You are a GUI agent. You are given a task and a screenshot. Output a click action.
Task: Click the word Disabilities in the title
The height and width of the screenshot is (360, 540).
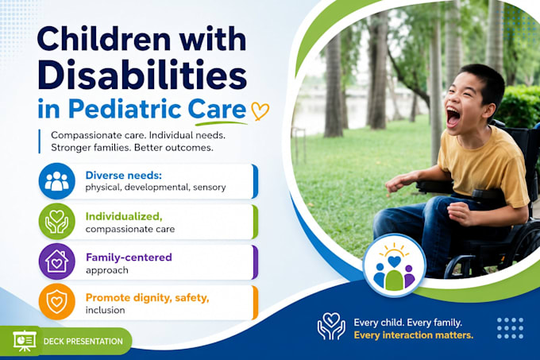142,74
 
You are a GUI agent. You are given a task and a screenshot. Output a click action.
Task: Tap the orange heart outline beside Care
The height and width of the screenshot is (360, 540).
260,110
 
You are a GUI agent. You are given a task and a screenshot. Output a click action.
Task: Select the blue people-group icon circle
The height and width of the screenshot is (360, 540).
57,181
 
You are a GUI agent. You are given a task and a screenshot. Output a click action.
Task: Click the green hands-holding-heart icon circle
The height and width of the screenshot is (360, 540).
57,221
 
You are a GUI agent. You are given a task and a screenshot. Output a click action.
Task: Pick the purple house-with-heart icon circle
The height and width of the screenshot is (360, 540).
57,261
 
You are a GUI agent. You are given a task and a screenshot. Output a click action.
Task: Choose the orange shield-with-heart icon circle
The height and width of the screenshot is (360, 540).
57,302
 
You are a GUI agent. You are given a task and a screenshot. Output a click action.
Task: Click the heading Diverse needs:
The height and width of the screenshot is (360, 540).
124,176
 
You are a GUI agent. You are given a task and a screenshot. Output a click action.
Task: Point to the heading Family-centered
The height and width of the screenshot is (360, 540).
129,257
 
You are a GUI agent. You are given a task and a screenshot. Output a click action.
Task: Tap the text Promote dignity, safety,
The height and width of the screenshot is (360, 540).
148,298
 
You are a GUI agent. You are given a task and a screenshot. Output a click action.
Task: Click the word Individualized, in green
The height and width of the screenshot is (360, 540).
124,217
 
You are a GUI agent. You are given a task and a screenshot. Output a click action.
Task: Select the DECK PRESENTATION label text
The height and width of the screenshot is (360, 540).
83,342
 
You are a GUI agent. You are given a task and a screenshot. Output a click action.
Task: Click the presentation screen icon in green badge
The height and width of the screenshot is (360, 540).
25,341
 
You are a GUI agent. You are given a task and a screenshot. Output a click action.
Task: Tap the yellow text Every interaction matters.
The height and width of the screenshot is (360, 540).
414,335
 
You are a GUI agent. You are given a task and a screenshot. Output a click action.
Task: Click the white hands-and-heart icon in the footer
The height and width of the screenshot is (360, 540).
331,326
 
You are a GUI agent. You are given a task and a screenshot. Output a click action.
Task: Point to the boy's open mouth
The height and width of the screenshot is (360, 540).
453,117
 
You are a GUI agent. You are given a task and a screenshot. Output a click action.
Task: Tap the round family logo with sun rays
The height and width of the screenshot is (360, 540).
395,265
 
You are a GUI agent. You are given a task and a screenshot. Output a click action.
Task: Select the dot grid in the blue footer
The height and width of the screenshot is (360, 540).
511,328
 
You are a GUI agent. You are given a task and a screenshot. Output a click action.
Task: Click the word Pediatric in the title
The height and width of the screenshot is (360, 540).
125,109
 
